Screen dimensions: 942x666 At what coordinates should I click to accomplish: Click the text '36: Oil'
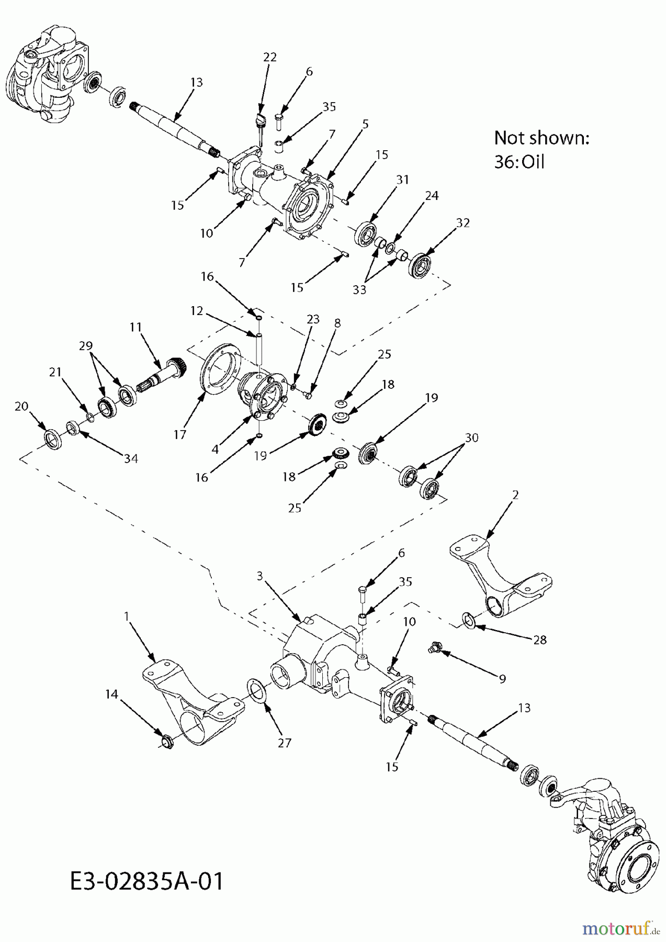[x=519, y=162]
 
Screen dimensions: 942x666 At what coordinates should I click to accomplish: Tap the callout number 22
[x=269, y=57]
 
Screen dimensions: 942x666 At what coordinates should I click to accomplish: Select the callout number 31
[x=402, y=180]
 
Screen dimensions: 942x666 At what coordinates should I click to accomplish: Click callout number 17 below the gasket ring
[x=179, y=434]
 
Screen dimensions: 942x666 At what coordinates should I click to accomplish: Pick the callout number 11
[x=136, y=327]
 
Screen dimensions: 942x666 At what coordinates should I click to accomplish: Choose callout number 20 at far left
[x=21, y=406]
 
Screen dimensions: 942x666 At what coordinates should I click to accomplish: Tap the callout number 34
[x=131, y=458]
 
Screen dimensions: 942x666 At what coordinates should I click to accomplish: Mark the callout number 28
[x=539, y=640]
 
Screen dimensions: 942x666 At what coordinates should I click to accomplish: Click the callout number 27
[x=284, y=742]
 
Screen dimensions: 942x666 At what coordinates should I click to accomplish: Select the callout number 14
[x=112, y=694]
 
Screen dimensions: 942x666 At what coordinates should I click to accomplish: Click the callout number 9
[x=502, y=679]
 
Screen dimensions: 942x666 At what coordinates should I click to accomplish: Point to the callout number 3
[x=259, y=576]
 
